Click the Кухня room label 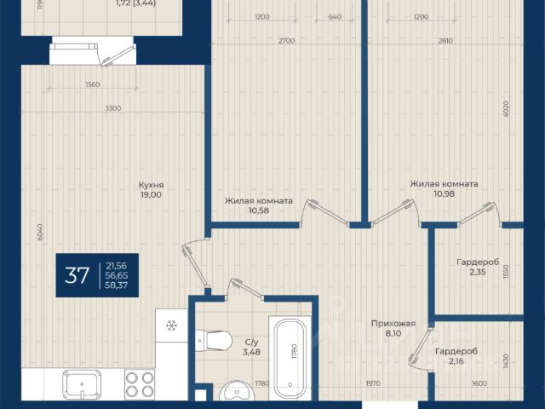[x=151, y=185]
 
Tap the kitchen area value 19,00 [x=151, y=195]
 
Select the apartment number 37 [x=77, y=275]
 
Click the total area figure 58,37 [x=117, y=285]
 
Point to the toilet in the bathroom [x=214, y=341]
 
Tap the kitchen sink [x=82, y=384]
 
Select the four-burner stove [x=140, y=384]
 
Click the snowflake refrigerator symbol [x=171, y=325]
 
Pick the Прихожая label [x=393, y=324]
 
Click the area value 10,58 [x=259, y=210]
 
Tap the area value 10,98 [x=444, y=193]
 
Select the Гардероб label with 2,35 [x=478, y=262]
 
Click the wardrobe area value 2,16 [x=456, y=361]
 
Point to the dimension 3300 [x=113, y=108]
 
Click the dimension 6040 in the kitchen [x=40, y=232]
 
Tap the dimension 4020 [x=506, y=109]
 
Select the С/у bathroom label [x=251, y=343]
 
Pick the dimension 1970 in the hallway [x=373, y=383]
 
